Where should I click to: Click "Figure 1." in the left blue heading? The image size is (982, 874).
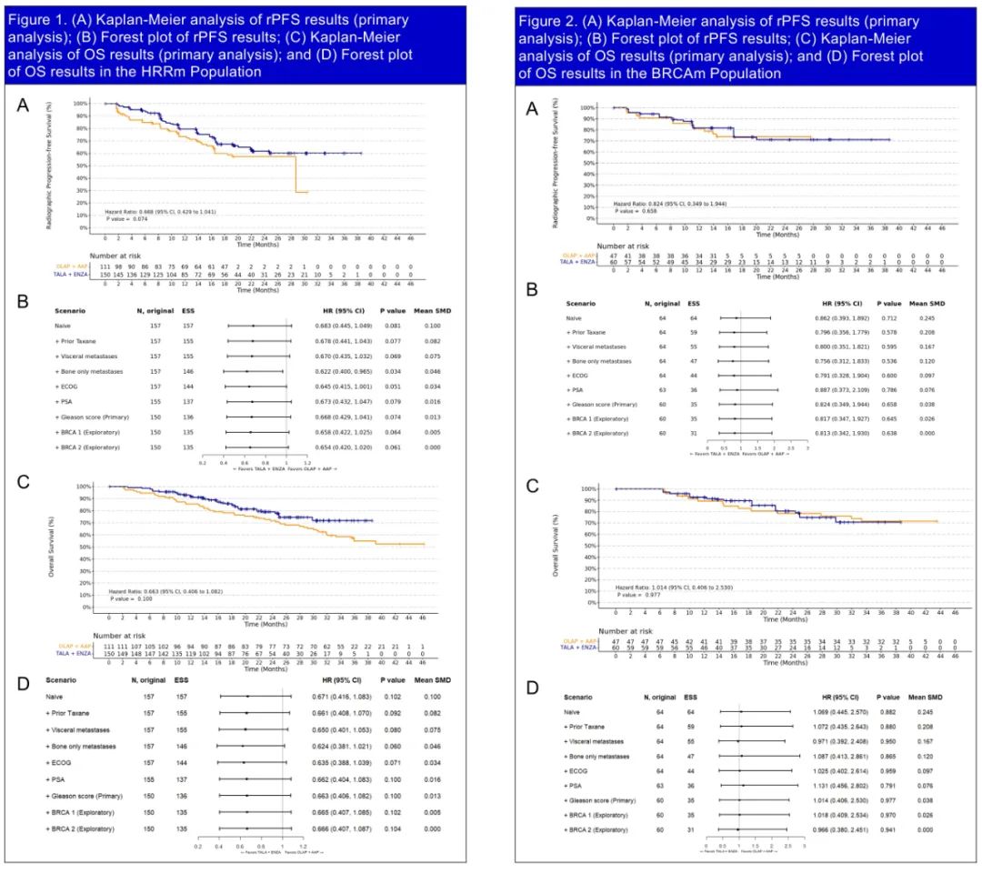tap(41, 19)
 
